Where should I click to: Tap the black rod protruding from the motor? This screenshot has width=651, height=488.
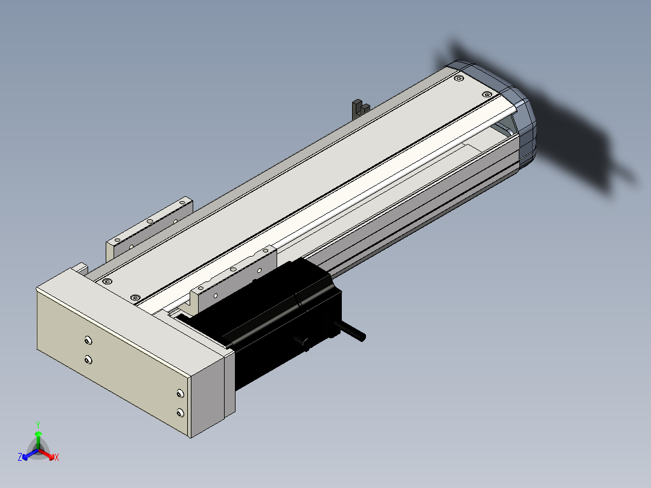[352, 330]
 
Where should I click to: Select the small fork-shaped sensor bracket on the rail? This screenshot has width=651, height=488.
[360, 109]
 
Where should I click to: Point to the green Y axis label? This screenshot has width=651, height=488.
[38, 425]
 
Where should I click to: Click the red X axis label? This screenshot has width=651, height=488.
[57, 457]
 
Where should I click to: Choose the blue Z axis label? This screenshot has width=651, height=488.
[20, 457]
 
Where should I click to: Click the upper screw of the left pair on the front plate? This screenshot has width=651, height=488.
[88, 341]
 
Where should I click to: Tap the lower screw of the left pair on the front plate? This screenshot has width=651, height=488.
[88, 359]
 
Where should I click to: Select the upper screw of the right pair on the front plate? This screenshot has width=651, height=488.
[180, 393]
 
